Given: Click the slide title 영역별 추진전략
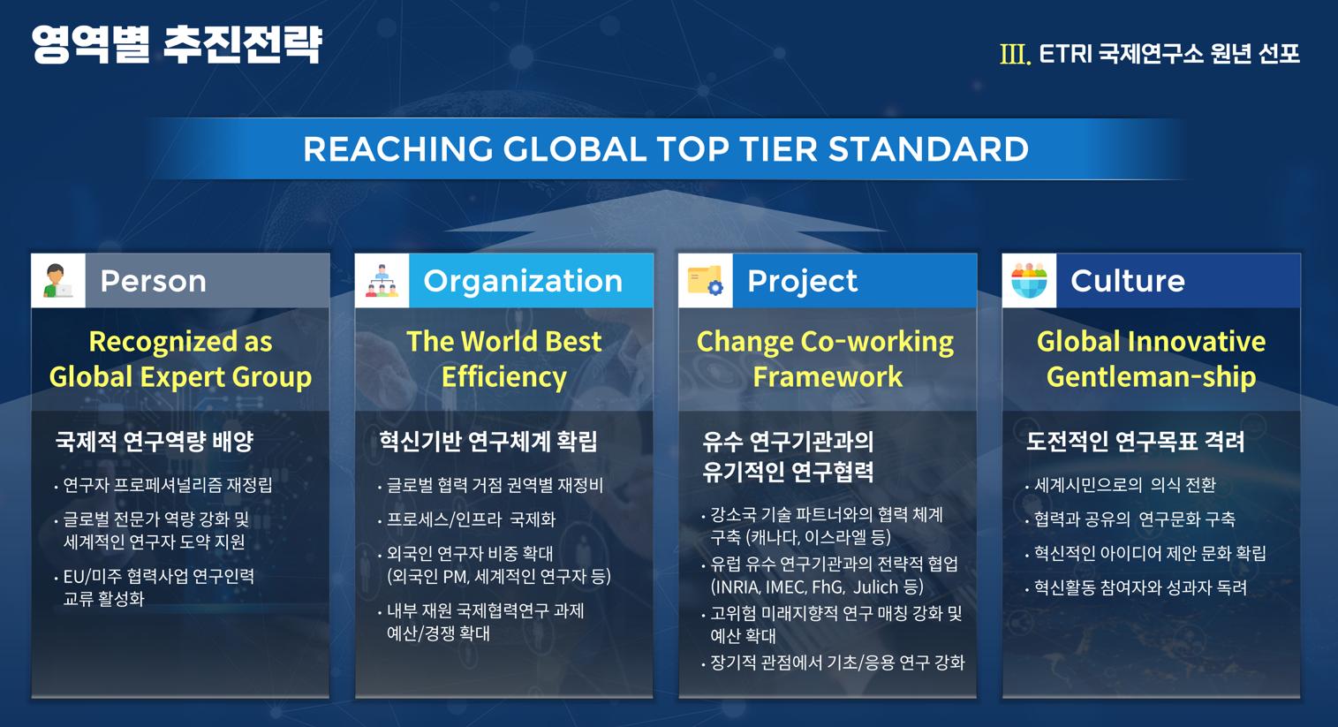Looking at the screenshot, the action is (x=177, y=45).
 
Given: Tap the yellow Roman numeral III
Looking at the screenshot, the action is (x=1015, y=54).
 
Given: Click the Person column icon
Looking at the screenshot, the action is (x=58, y=281).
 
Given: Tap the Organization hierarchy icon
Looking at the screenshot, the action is (x=382, y=281).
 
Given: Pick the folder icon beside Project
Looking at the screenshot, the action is (x=706, y=281).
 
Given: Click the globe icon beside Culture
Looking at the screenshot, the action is (x=1029, y=281).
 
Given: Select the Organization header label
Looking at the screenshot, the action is (x=523, y=282).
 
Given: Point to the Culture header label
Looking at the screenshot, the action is (x=1128, y=281).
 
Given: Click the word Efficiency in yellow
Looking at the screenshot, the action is (x=504, y=377).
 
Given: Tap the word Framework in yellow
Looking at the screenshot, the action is (x=828, y=377).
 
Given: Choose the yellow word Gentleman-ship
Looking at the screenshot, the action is (x=1151, y=377).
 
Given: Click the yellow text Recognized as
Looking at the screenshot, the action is (x=180, y=342).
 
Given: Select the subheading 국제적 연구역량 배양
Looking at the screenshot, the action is (x=154, y=442).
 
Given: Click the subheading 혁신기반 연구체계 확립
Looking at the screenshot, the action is (x=488, y=442).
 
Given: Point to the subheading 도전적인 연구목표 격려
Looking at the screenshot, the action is (x=1135, y=442).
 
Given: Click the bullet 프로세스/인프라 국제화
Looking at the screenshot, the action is (x=472, y=519).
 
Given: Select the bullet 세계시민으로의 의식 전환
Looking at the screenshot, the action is (x=1125, y=484).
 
